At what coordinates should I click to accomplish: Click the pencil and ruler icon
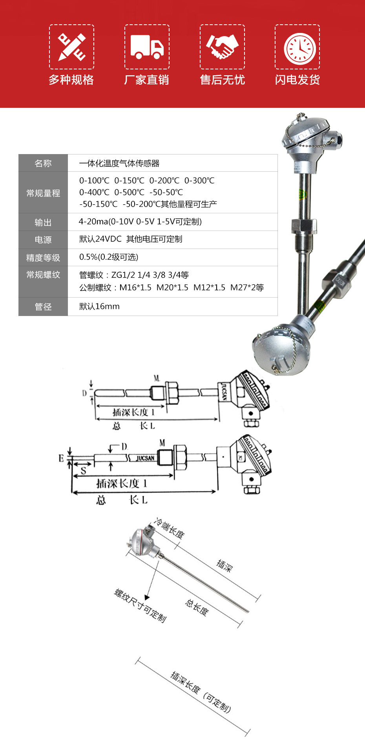click(71, 47)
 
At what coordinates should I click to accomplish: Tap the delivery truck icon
click(147, 47)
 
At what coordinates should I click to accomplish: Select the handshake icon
click(222, 47)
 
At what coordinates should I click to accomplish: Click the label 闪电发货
click(297, 80)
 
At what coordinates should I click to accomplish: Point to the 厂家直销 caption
click(146, 80)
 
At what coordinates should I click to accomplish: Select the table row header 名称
click(43, 163)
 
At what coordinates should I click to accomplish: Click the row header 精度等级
click(43, 258)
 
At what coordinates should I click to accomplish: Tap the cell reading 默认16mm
click(99, 306)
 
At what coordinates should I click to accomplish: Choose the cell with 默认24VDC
click(131, 239)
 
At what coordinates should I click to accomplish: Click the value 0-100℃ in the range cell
click(94, 181)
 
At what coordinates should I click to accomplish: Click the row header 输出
click(43, 222)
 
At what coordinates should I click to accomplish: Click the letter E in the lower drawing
click(61, 458)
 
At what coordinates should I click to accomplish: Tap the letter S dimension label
click(83, 470)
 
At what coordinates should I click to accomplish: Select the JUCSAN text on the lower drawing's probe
click(145, 458)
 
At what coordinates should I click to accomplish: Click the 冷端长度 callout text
click(170, 528)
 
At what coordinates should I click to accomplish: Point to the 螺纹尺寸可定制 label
click(140, 605)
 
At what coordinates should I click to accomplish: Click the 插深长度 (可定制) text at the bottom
click(201, 692)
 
